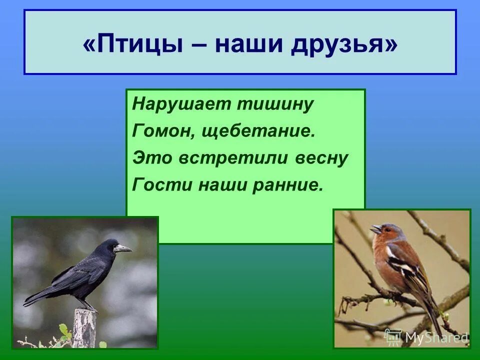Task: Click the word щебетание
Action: tap(259, 132)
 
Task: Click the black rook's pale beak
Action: tap(122, 248)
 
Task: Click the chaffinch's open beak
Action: tap(375, 229)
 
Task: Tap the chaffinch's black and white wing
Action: tap(407, 265)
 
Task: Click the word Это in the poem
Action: tap(147, 158)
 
